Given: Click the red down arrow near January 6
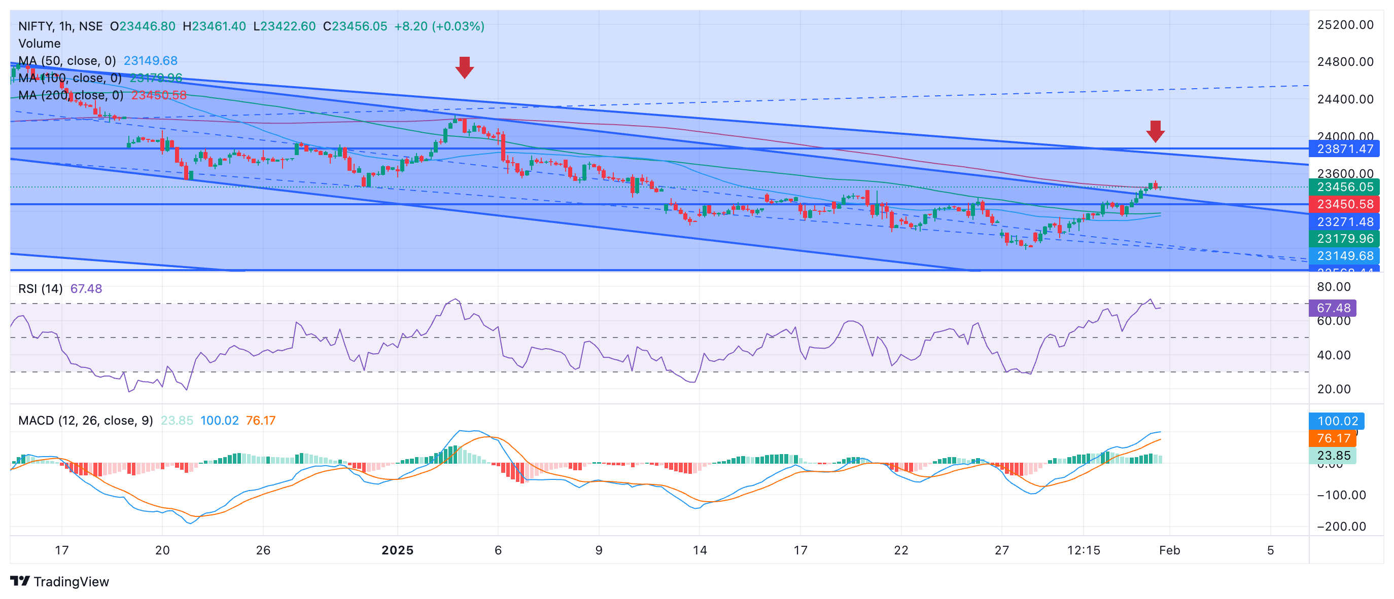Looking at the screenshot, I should coord(464,67).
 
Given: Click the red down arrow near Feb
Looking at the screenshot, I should coord(1155,131).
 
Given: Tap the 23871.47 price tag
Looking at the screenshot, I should coord(1344,148).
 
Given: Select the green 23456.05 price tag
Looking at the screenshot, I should coord(1344,187).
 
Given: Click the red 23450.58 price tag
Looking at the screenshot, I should coord(1344,204).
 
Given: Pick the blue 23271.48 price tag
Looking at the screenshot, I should coord(1344,221).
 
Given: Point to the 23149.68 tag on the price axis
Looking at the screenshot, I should coord(1344,256).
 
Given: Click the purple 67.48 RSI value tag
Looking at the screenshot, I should coord(1332,308).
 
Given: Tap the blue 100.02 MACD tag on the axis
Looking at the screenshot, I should coord(1337,421).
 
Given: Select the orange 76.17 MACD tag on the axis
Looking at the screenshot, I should coord(1332,438).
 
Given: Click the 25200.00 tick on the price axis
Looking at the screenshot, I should coord(1345,25).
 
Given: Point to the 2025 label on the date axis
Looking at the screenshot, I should coord(397,550).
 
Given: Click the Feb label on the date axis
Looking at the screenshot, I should coord(1169,550).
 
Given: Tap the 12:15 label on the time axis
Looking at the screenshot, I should coord(1084,550).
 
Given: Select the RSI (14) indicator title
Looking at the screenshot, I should coord(40,289).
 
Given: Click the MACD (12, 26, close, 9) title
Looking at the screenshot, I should coord(86,421).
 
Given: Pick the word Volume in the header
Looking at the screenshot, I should coord(40,43).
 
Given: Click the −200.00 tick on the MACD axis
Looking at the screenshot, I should coord(1341,527).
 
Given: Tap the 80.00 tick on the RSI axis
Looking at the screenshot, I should coord(1334,286).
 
